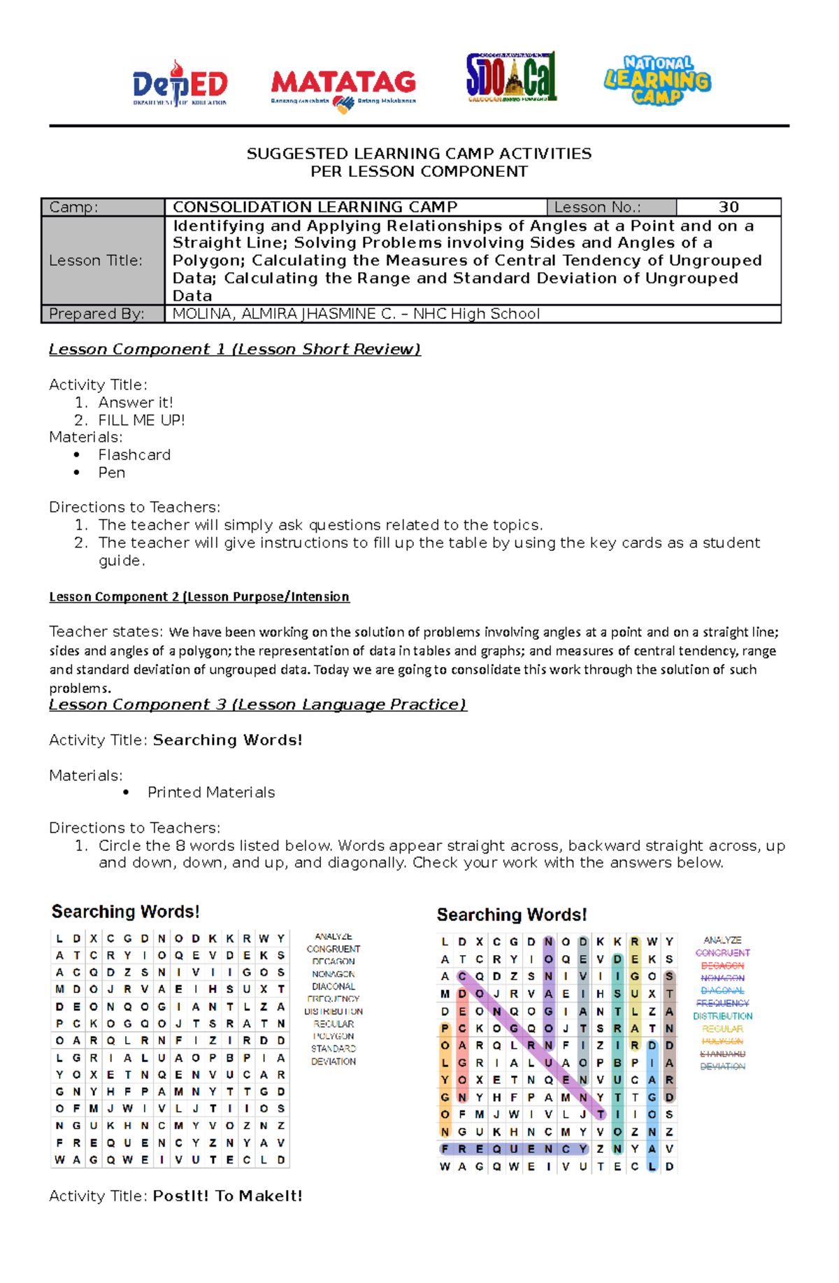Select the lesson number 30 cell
coord(729,207)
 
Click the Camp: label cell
coord(103,207)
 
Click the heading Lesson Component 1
coord(234,349)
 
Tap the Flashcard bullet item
coord(134,454)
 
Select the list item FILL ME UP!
coord(141,420)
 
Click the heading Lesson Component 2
coord(199,596)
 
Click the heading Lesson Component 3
coord(257,704)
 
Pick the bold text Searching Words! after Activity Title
coord(227,740)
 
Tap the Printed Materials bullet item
coord(210,792)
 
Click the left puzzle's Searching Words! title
coord(125,912)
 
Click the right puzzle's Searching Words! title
coord(511,915)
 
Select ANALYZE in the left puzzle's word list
coord(334,936)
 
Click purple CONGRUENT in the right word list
coord(722,953)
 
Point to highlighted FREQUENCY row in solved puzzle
coord(514,1149)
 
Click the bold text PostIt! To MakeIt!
coord(227,1196)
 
